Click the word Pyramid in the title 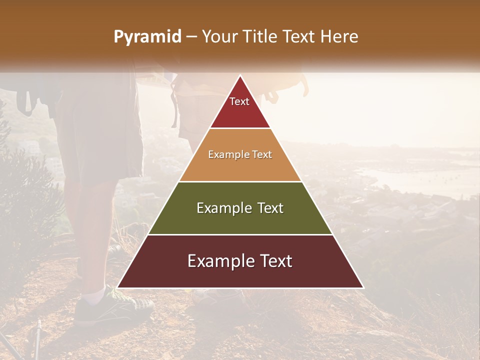coord(147,37)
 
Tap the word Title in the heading coord(261,37)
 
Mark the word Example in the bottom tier coord(220,261)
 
